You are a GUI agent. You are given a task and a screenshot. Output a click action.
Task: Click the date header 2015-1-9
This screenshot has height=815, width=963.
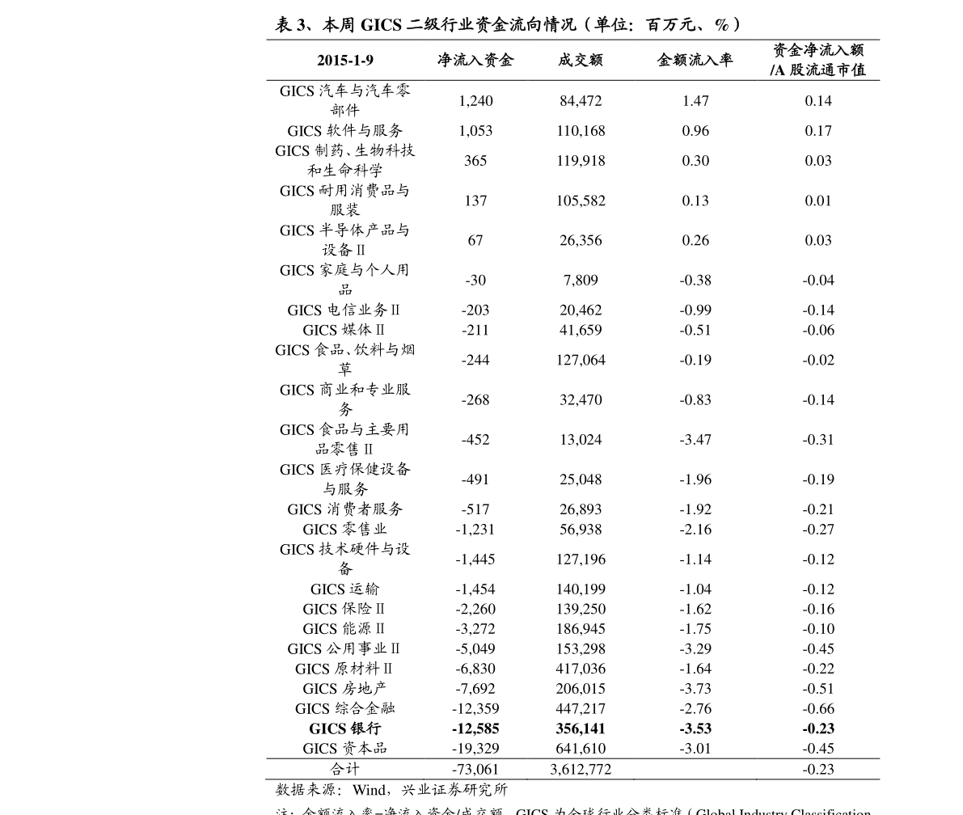coord(345,61)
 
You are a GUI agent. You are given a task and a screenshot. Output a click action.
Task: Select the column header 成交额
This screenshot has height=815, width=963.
coord(580,61)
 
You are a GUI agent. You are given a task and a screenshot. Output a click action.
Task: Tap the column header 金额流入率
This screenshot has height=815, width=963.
coord(695,61)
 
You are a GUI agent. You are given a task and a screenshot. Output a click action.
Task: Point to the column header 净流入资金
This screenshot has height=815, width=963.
coord(475,61)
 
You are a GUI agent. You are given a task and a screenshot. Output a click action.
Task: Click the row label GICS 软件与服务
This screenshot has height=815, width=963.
coord(344,131)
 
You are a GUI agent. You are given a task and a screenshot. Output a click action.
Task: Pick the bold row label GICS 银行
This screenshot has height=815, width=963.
coord(344,728)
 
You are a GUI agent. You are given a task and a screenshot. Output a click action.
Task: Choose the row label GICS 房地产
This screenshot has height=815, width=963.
coord(344,689)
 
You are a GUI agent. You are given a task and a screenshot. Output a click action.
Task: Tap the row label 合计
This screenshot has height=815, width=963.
coord(344,769)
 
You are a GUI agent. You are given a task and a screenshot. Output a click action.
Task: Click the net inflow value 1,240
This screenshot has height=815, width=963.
coord(475,101)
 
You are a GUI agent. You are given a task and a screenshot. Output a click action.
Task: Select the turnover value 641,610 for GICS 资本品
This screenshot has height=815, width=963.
coord(581,749)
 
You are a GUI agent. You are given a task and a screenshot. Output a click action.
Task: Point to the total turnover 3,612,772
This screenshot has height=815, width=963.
coord(581,770)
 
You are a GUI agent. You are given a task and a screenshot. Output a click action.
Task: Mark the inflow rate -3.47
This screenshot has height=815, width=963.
coord(695,440)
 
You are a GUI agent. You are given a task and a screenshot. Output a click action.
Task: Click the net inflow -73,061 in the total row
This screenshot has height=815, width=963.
coord(475,770)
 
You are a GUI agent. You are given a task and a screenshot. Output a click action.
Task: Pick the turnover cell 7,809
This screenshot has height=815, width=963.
coord(581,281)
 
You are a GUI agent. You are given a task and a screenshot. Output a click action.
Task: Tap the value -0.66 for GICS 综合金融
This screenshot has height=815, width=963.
coord(818,709)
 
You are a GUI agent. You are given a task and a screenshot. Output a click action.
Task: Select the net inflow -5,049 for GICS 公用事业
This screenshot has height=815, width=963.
coord(475,649)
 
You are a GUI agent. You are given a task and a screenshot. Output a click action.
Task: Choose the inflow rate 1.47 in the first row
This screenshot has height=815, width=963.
coord(695,101)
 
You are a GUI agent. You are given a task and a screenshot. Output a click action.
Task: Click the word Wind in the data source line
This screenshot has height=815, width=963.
coord(370,790)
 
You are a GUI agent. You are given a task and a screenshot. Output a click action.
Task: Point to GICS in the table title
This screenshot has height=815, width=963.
coord(382,25)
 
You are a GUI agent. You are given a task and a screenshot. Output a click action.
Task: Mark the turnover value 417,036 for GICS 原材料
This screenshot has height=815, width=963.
coord(581,669)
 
